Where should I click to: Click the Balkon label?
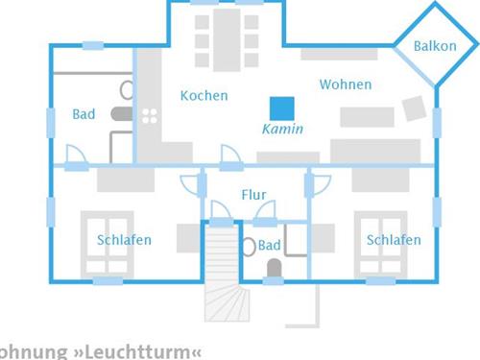tap(435, 46)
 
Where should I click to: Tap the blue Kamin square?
tap(282, 108)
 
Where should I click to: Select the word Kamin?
tap(282, 129)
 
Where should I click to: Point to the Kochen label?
tap(204, 95)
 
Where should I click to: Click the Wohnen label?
tap(345, 84)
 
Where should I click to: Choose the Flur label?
tap(253, 194)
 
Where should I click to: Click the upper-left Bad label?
tap(84, 114)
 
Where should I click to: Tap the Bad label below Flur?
tap(269, 245)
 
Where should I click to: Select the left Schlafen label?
tap(124, 239)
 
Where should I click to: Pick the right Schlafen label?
tap(393, 239)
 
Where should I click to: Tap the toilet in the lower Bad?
tap(273, 268)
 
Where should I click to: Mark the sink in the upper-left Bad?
tap(126, 91)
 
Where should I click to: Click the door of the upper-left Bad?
tap(75, 156)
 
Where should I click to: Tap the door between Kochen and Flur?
tap(230, 156)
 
